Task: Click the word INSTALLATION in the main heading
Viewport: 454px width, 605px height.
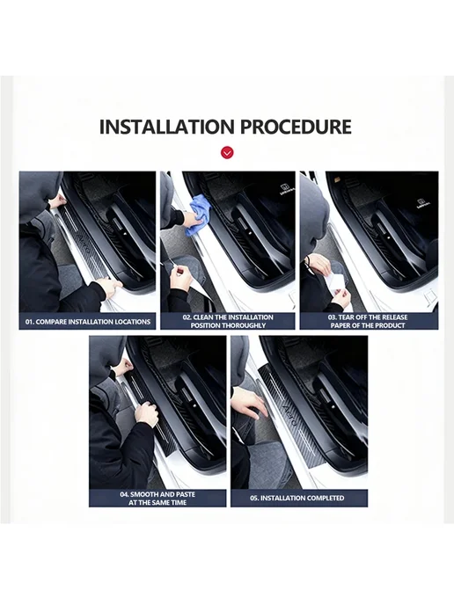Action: tap(167, 127)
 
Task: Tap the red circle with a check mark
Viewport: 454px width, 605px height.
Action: tap(227, 153)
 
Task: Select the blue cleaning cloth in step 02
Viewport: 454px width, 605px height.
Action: tap(198, 215)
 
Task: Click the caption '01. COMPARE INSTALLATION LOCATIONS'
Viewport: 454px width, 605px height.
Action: tap(88, 322)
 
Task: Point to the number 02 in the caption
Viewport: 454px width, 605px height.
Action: tap(187, 317)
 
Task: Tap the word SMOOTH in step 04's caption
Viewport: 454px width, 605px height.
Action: tap(144, 494)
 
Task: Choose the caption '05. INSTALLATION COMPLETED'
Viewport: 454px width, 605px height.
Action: tap(297, 498)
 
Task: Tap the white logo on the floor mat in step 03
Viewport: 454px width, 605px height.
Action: tap(421, 203)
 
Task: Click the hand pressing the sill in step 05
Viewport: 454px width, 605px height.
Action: tap(250, 403)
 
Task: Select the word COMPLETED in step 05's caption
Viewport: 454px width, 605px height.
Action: tap(324, 498)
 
